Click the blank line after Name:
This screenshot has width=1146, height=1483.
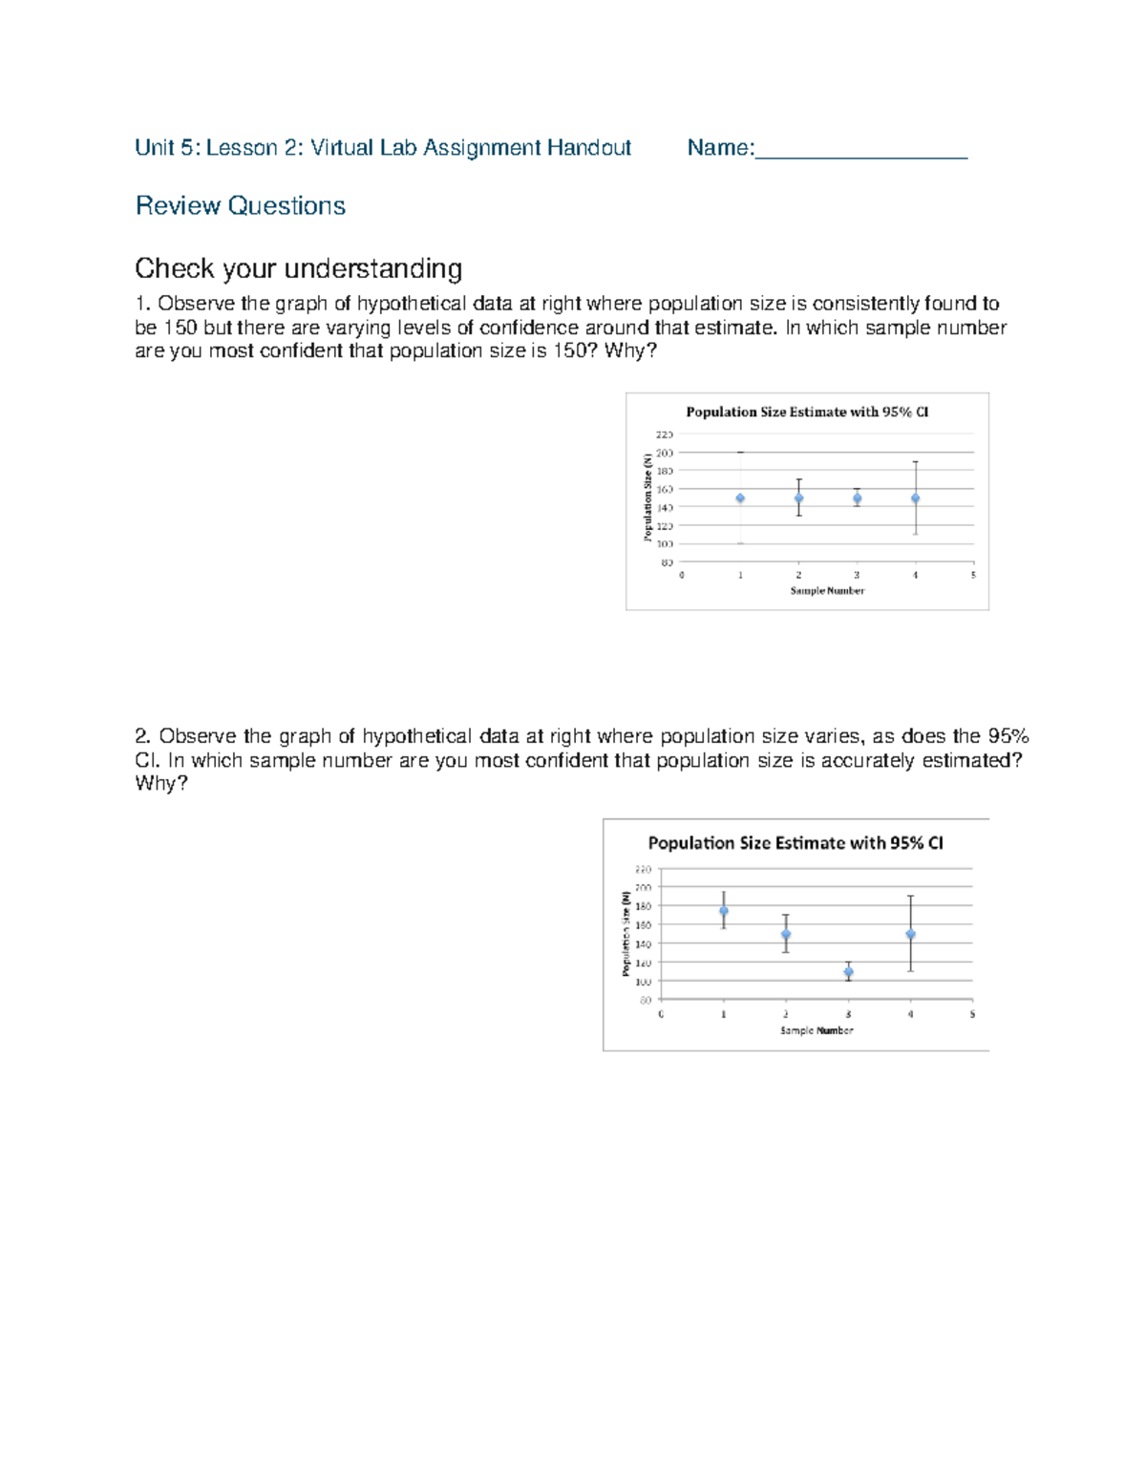click(x=861, y=151)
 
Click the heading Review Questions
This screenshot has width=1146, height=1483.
click(x=241, y=206)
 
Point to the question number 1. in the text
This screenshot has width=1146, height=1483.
click(x=143, y=305)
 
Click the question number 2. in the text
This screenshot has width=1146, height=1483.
click(x=143, y=736)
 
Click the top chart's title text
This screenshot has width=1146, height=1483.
click(x=807, y=413)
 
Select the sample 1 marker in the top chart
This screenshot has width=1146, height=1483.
click(x=740, y=498)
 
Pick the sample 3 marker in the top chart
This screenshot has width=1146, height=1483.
click(x=858, y=498)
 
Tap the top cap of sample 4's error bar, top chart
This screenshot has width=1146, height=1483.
click(x=916, y=462)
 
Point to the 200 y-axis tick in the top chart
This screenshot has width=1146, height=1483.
click(x=665, y=453)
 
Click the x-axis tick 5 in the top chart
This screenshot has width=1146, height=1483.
click(x=973, y=576)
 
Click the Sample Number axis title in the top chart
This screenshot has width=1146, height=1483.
click(x=827, y=591)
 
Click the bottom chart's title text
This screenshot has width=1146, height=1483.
click(x=796, y=843)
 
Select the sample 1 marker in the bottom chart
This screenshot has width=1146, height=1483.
click(x=724, y=911)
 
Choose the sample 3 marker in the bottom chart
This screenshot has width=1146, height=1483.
click(x=848, y=972)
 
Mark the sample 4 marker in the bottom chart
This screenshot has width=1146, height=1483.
click(x=911, y=935)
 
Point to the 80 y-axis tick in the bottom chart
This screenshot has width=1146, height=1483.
click(x=646, y=1001)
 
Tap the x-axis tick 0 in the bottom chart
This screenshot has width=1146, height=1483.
click(x=661, y=1014)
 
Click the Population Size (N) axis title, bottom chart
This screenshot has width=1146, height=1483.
click(x=626, y=934)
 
